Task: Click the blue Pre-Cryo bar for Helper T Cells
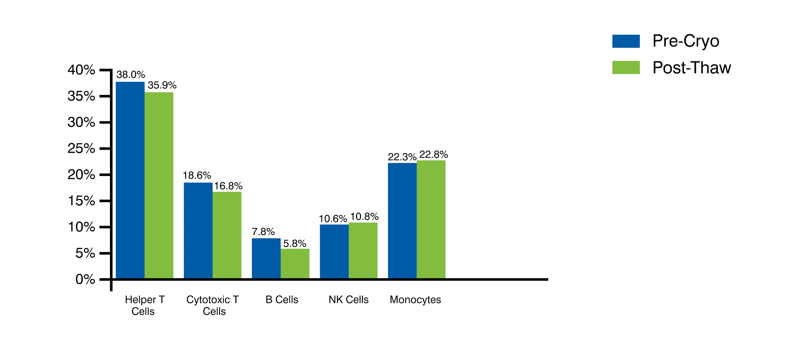click(130, 180)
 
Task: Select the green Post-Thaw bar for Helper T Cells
click(159, 185)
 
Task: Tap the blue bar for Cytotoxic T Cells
click(198, 230)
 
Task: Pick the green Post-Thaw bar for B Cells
click(295, 264)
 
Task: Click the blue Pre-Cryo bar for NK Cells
click(334, 251)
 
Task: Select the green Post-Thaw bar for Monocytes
click(431, 219)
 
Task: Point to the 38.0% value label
click(131, 74)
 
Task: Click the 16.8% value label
click(228, 186)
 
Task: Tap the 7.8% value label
click(263, 232)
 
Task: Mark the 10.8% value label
click(364, 216)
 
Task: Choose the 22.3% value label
click(402, 157)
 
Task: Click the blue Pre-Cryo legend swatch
click(626, 41)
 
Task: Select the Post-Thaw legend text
click(692, 68)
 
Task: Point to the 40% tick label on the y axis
click(81, 70)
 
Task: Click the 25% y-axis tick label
click(81, 149)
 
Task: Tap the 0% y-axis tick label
click(85, 279)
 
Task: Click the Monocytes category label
click(415, 300)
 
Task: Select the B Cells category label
click(282, 300)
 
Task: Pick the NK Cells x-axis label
click(348, 300)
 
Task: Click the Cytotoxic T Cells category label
click(213, 305)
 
